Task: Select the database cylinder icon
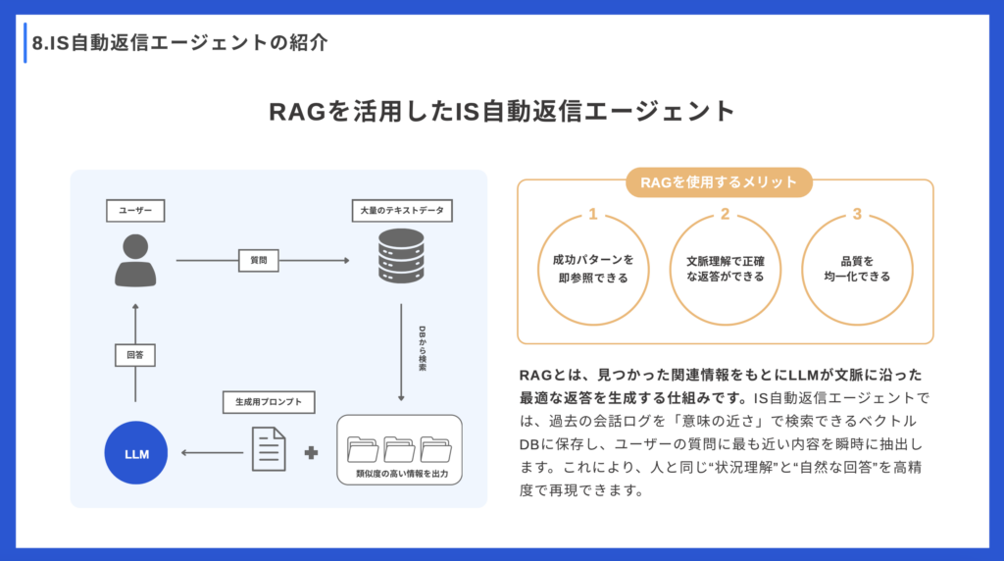[x=400, y=257]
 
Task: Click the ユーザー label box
[x=135, y=210]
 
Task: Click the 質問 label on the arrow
[x=258, y=261]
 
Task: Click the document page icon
[x=269, y=450]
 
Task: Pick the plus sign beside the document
[x=313, y=453]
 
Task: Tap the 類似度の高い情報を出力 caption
[x=399, y=475]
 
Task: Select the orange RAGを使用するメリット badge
[x=725, y=182]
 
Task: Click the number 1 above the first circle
[x=592, y=214]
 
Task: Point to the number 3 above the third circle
[x=857, y=214]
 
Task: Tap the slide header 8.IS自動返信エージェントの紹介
[x=178, y=43]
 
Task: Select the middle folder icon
[x=399, y=448]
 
